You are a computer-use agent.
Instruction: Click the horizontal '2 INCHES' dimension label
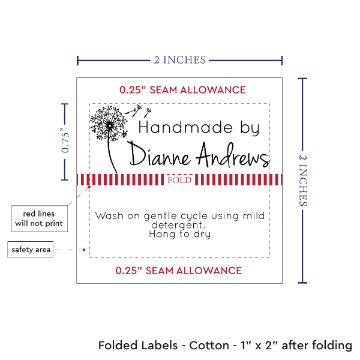[179, 59]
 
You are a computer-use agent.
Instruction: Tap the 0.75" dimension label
[65, 141]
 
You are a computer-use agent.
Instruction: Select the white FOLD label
[179, 180]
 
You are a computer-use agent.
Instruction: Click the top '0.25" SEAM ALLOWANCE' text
[182, 90]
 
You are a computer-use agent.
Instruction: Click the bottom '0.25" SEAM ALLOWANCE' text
[179, 270]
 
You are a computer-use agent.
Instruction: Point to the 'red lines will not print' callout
[38, 219]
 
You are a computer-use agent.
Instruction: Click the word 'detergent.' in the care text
[179, 225]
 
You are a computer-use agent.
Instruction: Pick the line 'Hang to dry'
[179, 235]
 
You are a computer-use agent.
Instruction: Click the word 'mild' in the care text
[252, 215]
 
